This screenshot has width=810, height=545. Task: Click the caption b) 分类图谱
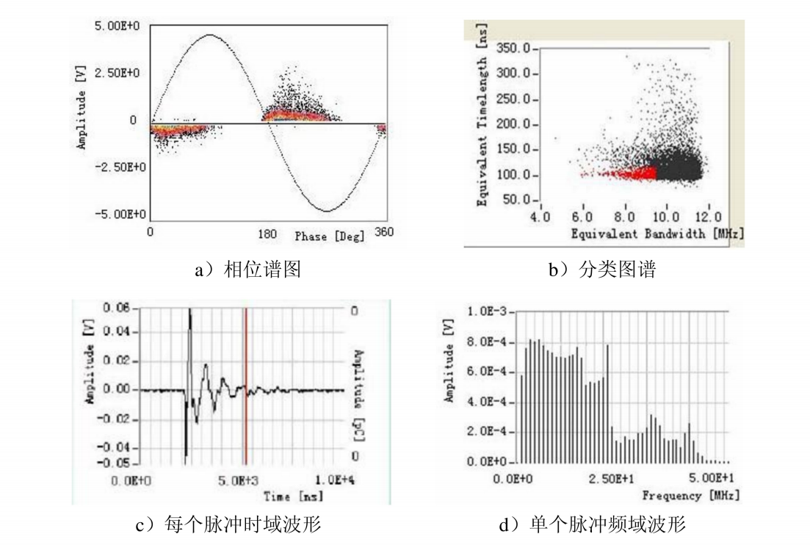point(601,270)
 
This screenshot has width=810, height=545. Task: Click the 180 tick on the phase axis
point(269,234)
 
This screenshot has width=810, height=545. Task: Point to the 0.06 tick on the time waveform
point(115,309)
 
